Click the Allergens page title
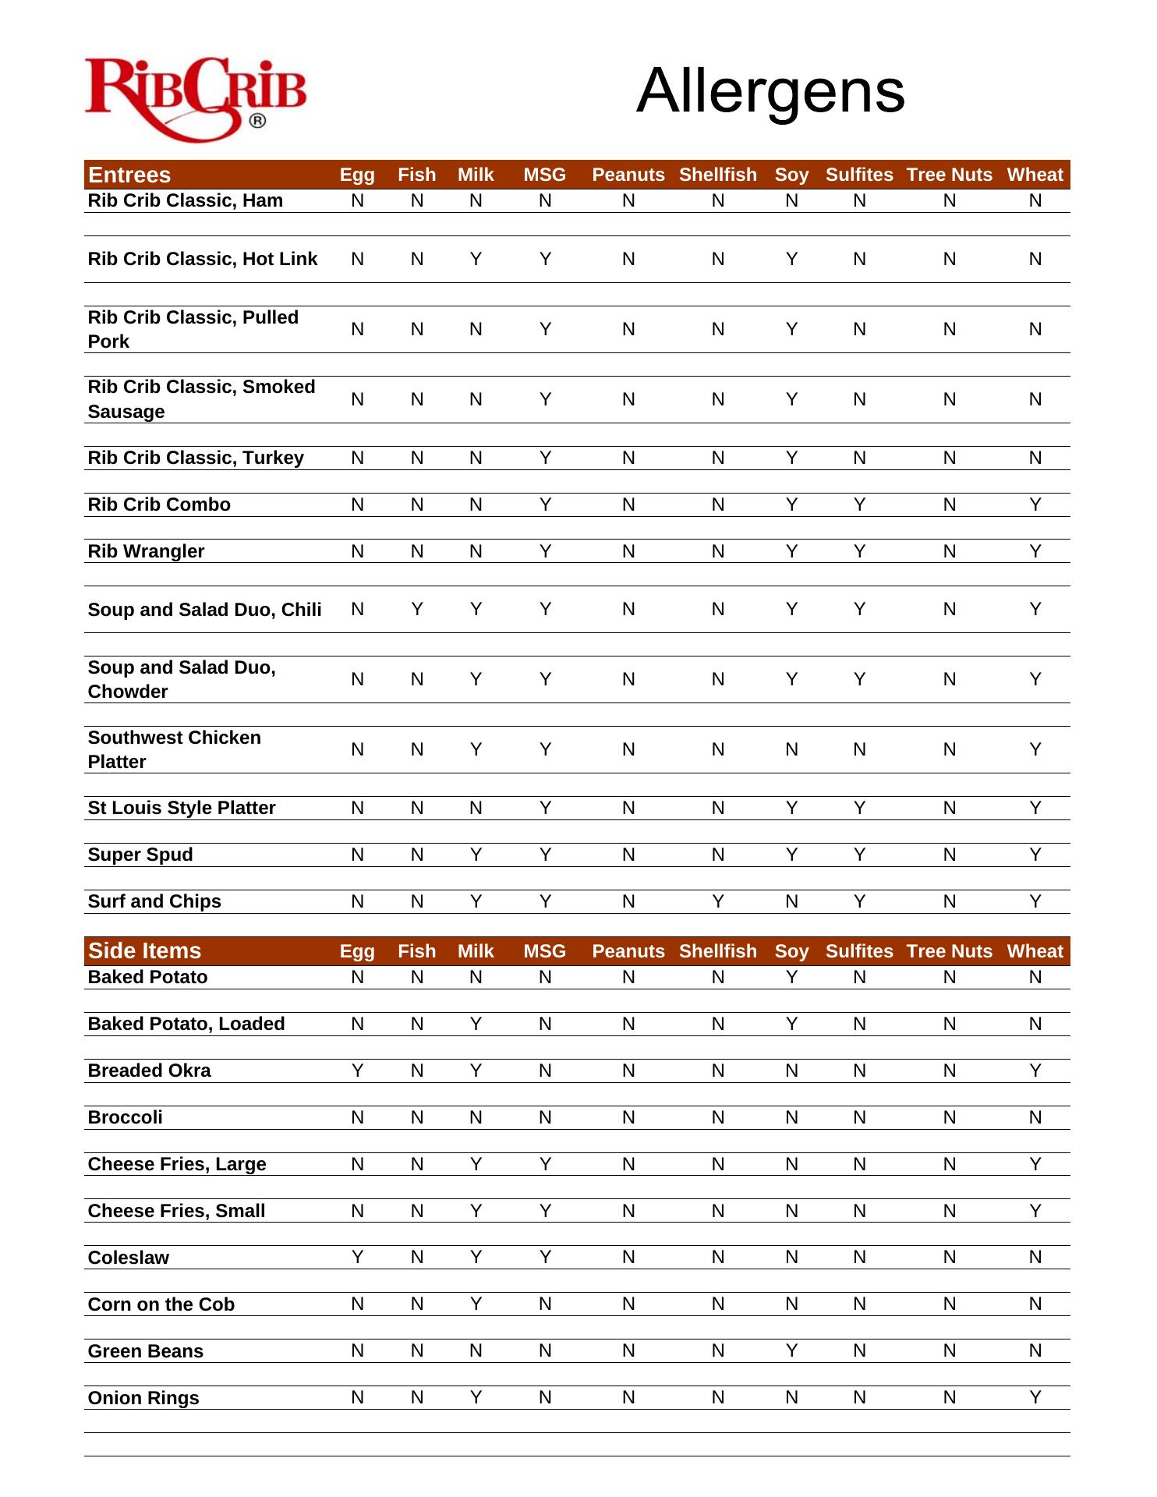[x=770, y=91]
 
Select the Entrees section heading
[x=129, y=175]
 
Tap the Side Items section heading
[x=144, y=951]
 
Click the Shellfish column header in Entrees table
[x=717, y=175]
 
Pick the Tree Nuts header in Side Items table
[x=949, y=951]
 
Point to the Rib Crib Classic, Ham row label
[x=185, y=200]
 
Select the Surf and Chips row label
[x=154, y=901]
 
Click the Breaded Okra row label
[x=149, y=1071]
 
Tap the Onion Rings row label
[x=143, y=1398]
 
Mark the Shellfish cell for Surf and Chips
[x=717, y=901]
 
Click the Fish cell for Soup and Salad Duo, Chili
[x=417, y=609]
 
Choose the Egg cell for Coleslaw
[x=357, y=1257]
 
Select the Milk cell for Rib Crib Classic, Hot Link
[x=476, y=259]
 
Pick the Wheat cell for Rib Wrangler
[x=1035, y=551]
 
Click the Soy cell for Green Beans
[x=791, y=1350]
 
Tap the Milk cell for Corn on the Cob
[x=476, y=1304]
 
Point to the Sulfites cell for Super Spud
[x=859, y=855]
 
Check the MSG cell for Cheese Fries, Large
[x=545, y=1164]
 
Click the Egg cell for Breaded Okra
[x=357, y=1071]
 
